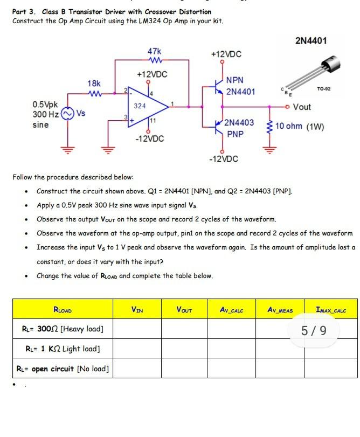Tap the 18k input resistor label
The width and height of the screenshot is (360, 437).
coord(94,84)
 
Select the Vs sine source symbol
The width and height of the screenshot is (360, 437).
coord(67,114)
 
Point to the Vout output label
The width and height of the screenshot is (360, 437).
coord(301,107)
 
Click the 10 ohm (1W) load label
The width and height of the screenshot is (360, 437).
coord(304,127)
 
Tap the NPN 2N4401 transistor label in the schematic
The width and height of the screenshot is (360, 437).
coord(240,86)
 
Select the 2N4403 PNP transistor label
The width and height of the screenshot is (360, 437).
coord(239,128)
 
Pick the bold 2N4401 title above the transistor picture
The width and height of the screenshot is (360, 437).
coord(311,41)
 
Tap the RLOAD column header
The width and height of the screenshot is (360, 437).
coord(63,310)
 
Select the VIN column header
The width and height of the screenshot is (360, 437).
coord(137,310)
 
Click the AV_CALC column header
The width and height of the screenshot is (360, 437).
coord(232,310)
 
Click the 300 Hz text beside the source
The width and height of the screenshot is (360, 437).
coord(46,114)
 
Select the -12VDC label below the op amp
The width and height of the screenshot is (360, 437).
coord(149,139)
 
